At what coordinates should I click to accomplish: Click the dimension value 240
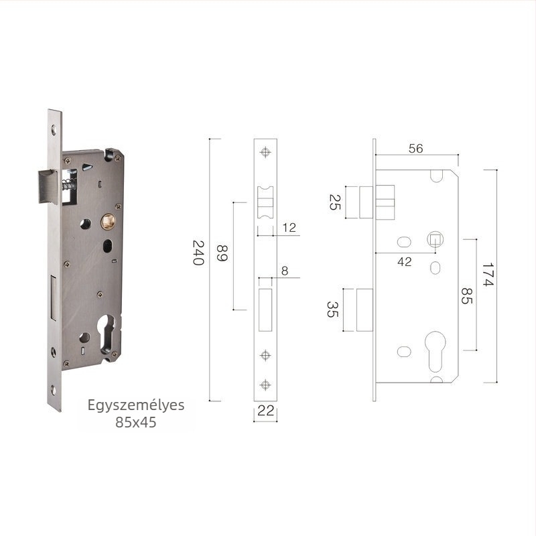[x=198, y=253]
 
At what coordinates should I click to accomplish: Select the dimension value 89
[x=222, y=253]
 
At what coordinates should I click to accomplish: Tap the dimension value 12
[x=289, y=228]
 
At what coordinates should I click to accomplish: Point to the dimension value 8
[x=285, y=271]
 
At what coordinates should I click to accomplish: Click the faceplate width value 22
[x=265, y=411]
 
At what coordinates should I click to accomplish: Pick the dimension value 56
[x=415, y=148]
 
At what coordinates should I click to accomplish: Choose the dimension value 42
[x=405, y=262]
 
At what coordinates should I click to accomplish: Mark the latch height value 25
[x=334, y=202]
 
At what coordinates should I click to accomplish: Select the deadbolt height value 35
[x=332, y=310]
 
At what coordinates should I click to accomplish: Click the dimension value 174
[x=488, y=275]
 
